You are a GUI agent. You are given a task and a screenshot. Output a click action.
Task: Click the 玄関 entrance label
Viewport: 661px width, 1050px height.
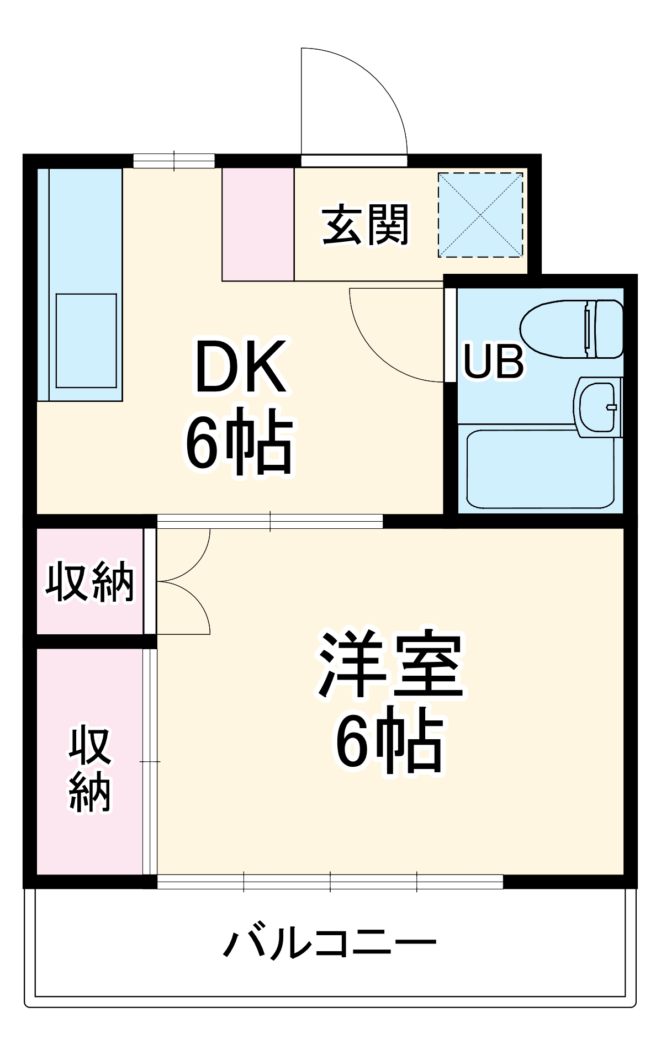click(x=366, y=225)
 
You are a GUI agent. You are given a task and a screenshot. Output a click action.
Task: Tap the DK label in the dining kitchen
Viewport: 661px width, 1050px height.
click(x=241, y=367)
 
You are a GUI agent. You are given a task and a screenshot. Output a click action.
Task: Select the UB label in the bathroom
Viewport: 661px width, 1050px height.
click(x=493, y=362)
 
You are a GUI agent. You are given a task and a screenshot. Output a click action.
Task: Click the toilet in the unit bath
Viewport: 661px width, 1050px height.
click(x=572, y=329)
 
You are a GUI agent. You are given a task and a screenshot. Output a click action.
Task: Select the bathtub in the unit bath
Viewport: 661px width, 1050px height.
click(x=540, y=469)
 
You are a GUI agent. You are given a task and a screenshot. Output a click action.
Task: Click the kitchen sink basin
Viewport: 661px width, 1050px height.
click(x=86, y=341)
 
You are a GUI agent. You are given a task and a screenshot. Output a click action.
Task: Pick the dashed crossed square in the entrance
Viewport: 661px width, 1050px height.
click(x=480, y=215)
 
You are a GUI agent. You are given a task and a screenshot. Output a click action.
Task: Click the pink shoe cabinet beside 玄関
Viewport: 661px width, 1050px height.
click(x=258, y=224)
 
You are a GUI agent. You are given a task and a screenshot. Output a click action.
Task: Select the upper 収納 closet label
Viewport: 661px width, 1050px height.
click(x=89, y=582)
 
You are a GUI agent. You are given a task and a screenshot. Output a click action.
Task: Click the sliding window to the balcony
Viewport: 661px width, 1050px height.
click(x=330, y=881)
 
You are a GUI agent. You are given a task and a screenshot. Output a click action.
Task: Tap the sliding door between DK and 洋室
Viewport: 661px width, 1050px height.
click(x=269, y=521)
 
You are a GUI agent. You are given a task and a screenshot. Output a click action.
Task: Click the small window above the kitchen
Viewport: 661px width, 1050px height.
click(x=174, y=161)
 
